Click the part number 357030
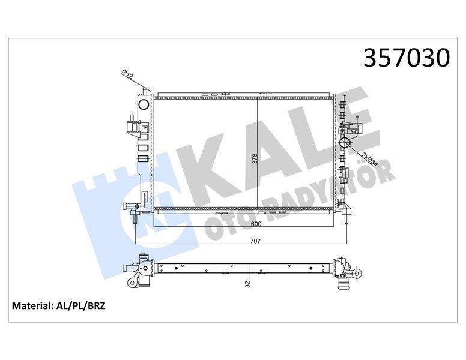point(407,58)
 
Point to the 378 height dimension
point(255,159)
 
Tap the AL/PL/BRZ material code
point(80,306)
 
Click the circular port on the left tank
point(144,104)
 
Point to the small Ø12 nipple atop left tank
point(144,91)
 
